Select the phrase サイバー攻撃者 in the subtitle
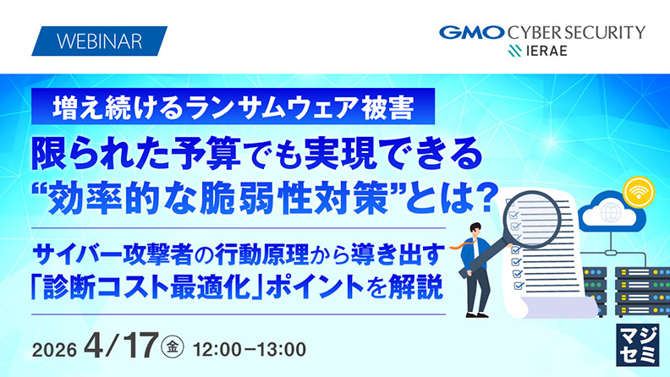coord(109,252)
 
